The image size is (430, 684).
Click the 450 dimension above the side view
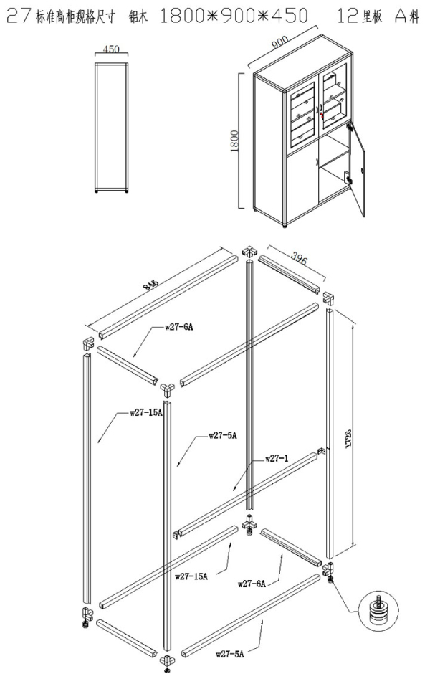click(x=112, y=49)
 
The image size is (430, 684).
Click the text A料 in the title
click(x=405, y=15)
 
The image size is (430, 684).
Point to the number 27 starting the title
click(x=15, y=15)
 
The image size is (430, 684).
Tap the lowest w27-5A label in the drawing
click(x=230, y=653)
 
